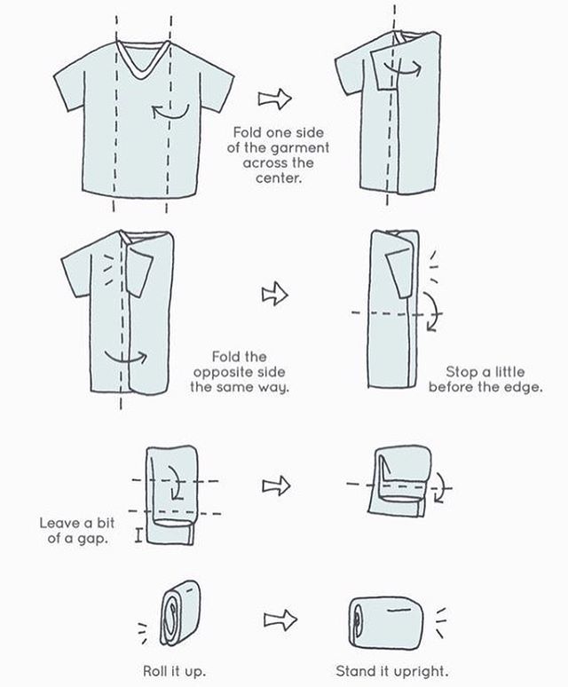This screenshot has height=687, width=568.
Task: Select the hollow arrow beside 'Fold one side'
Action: coord(274,99)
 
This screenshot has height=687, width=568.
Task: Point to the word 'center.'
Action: coord(279,178)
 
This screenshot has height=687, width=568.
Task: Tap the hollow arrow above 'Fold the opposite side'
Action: coord(274,294)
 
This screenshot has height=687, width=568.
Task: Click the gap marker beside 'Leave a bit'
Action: coord(138,535)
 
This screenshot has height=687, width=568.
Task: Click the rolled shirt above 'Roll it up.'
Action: coord(179,613)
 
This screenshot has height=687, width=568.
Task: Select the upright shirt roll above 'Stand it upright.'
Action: coord(386,621)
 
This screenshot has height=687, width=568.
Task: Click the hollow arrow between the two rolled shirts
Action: coord(280,620)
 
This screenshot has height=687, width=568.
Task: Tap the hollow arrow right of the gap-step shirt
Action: coord(276,486)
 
